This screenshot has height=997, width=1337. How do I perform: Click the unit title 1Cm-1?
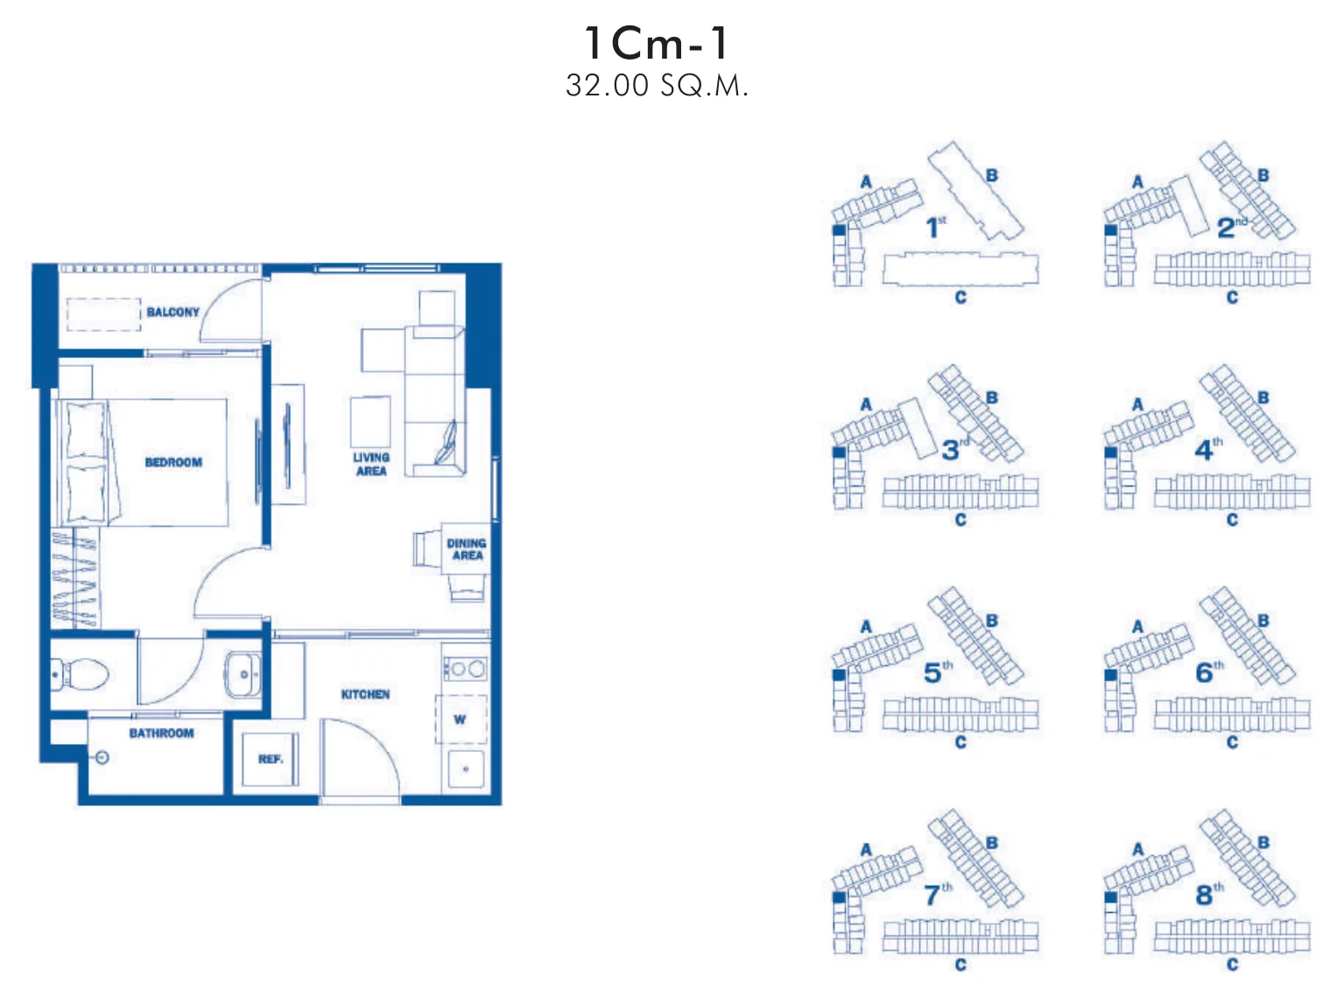pos(656,43)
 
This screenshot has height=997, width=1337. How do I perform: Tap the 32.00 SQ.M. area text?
pos(657,86)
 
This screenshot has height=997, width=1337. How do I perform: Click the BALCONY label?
pos(173,312)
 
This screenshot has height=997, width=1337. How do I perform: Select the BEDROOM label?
pos(173,462)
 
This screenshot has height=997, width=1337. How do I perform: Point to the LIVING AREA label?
pos(371,464)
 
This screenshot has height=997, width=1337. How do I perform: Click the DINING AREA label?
pos(467,549)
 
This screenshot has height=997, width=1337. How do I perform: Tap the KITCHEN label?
pos(365,694)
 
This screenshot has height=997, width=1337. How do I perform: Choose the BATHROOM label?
pos(161,734)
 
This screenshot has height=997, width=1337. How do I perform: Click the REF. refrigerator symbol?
pos(271,759)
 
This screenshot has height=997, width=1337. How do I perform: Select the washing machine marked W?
pos(461,720)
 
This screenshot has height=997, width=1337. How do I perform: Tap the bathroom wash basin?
pos(243,675)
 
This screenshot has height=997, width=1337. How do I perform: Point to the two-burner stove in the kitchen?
pos(465,670)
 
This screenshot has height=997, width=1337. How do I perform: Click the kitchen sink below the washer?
pos(466,769)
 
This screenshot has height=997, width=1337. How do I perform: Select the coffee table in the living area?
pos(370,423)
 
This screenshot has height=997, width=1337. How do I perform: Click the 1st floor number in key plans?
pos(936,227)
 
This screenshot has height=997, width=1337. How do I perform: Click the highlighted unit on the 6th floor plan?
pos(1110,674)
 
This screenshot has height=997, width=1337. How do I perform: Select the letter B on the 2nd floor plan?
pos(1263,175)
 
